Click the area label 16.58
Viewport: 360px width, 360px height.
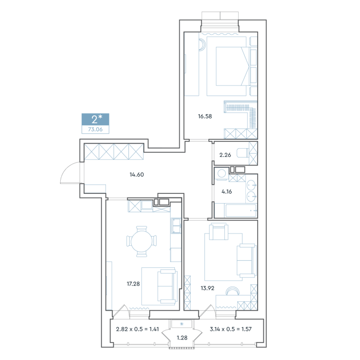click(205, 116)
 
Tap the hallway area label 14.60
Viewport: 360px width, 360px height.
click(137, 175)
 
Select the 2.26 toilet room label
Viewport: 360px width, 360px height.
click(225, 155)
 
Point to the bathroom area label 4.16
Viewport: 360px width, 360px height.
click(227, 191)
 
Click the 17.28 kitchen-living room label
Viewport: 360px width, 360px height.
click(133, 284)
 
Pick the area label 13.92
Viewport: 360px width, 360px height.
click(207, 288)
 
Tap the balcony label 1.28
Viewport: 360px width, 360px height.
click(182, 338)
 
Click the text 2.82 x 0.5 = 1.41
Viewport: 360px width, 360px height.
click(137, 329)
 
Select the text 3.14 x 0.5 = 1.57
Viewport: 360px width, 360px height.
click(231, 329)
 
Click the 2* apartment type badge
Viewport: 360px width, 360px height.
click(96, 119)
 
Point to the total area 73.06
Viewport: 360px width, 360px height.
click(95, 129)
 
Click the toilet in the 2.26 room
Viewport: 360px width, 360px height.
click(243, 153)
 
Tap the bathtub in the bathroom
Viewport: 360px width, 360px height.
click(241, 210)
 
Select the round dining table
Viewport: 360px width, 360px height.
click(141, 241)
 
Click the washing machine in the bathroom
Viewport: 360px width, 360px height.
click(222, 173)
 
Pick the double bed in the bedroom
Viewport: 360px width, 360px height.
click(232, 66)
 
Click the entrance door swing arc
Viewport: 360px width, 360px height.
click(66, 169)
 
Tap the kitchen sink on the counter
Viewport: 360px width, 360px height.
click(176, 226)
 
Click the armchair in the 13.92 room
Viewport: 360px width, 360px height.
click(219, 231)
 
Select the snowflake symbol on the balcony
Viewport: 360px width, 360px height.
click(182, 324)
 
